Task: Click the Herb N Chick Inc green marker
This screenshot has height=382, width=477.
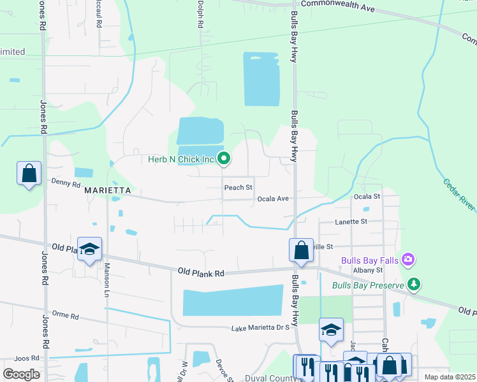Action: click(224, 159)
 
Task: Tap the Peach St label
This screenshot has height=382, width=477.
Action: click(238, 188)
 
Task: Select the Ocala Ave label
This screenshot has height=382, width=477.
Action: click(273, 199)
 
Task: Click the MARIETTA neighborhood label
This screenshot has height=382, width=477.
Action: click(107, 190)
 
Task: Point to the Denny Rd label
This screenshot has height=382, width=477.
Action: click(66, 184)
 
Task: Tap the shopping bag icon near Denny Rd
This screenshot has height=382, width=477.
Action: click(29, 173)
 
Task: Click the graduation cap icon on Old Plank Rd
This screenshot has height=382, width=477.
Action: click(89, 249)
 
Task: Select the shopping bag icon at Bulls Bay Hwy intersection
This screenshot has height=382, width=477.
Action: click(301, 250)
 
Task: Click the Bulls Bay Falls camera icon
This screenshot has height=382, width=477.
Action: click(408, 260)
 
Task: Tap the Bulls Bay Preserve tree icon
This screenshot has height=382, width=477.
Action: click(415, 284)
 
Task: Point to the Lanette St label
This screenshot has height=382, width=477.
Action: click(351, 222)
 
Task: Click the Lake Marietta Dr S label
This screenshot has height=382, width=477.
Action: click(260, 328)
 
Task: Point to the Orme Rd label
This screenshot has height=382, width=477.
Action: click(65, 315)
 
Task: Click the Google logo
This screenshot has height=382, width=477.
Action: click(22, 374)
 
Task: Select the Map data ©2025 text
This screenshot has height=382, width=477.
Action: click(450, 377)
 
